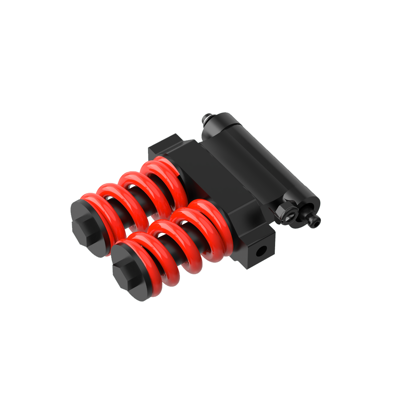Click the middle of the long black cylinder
[259, 157]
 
